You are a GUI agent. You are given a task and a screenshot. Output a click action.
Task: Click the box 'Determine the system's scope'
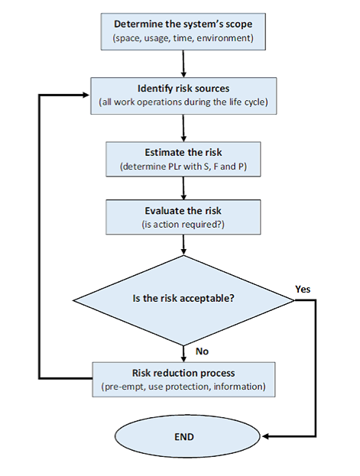point(183,28)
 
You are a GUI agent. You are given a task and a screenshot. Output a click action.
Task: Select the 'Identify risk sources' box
point(183,96)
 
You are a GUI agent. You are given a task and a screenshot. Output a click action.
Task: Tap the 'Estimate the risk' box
point(183,157)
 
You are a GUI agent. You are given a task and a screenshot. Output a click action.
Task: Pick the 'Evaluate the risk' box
point(183,217)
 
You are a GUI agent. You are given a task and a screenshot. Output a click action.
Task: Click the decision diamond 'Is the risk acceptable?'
point(183,299)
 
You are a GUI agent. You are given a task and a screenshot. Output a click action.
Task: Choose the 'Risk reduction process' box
point(183,380)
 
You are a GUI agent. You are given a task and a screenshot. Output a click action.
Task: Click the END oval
point(183,436)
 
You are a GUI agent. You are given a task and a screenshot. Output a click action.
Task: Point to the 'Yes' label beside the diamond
point(303,289)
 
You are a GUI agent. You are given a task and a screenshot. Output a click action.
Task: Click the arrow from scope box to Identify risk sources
point(183,62)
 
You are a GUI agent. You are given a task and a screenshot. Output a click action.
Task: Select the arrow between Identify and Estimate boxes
point(183,126)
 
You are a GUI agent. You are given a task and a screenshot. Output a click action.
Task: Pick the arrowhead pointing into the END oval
point(256,436)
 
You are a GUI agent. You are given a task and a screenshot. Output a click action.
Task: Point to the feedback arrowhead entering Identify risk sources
point(86,96)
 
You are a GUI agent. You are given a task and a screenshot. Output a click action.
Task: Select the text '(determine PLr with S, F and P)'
point(183,164)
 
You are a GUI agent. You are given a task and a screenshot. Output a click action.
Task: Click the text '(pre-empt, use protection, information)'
point(183,387)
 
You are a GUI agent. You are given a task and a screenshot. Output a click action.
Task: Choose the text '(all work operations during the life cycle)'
point(183,102)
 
